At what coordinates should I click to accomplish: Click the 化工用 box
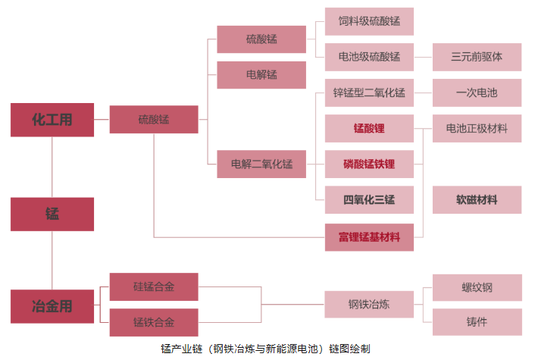[x=52, y=120]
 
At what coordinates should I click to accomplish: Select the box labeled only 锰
[x=52, y=214]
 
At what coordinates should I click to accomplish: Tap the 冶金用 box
[x=52, y=306]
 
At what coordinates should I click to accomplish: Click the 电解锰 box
[x=261, y=75]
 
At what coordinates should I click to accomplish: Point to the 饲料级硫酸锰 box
[x=369, y=21]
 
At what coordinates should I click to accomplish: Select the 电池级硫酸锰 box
[x=369, y=57]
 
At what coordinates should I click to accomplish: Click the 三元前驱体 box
[x=477, y=57]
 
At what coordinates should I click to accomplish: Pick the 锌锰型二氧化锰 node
[x=369, y=93]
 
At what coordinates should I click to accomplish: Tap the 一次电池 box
[x=477, y=93]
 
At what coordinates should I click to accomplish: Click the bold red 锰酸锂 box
[x=369, y=129]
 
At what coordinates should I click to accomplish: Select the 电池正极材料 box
[x=477, y=129]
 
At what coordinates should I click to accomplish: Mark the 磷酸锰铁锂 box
[x=369, y=164]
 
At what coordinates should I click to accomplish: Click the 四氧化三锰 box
[x=369, y=200]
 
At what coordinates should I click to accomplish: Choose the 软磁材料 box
[x=477, y=200]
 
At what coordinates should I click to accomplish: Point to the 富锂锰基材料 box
[x=369, y=237]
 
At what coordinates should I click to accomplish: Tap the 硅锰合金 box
[x=154, y=286]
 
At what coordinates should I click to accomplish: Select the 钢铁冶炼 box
[x=369, y=305]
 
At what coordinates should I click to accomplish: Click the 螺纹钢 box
[x=477, y=287]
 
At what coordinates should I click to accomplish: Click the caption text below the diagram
[x=267, y=349]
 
